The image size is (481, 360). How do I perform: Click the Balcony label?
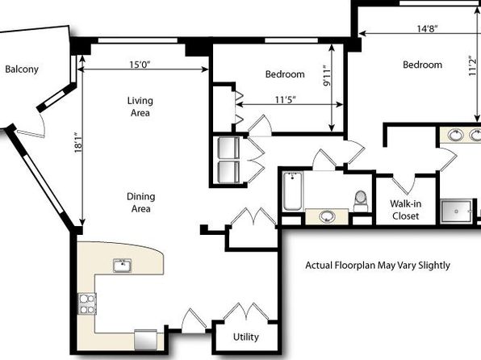click(22, 69)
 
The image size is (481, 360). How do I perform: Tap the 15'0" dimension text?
click(140, 65)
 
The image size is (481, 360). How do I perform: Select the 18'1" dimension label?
click(78, 143)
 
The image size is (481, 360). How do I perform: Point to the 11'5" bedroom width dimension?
click(285, 100)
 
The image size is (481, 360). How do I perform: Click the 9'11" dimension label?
click(328, 75)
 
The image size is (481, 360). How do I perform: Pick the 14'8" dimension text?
click(427, 28)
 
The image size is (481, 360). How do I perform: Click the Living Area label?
click(140, 107)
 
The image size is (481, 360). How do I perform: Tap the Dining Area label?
click(140, 203)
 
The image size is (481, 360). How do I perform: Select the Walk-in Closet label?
click(405, 210)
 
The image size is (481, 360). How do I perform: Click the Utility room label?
click(245, 337)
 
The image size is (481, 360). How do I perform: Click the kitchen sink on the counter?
click(123, 266)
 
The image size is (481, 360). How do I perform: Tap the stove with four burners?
click(87, 303)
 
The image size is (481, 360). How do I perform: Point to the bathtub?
click(292, 190)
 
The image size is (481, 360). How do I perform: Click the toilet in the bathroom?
click(361, 201)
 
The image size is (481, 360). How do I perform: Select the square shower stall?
click(456, 211)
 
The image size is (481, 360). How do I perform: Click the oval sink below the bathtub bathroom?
click(327, 216)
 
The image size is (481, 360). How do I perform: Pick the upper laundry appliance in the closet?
click(229, 149)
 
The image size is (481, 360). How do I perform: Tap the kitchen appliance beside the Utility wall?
click(146, 340)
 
